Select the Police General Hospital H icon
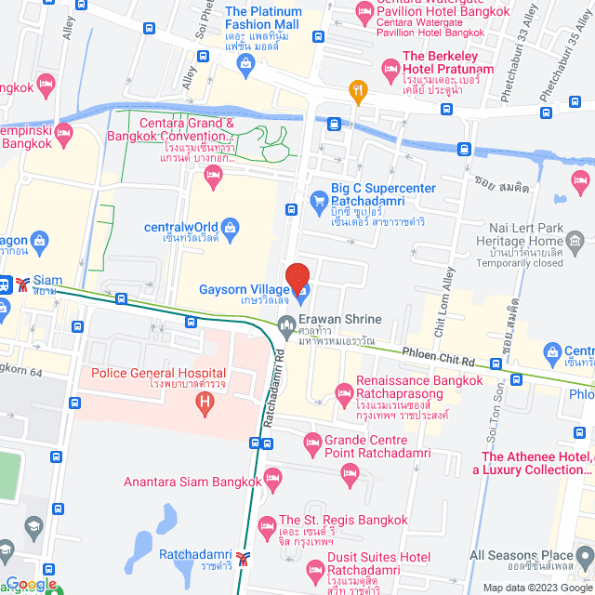click(204, 403)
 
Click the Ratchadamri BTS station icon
click(243, 558)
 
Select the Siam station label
click(46, 280)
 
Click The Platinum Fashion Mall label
click(277, 18)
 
